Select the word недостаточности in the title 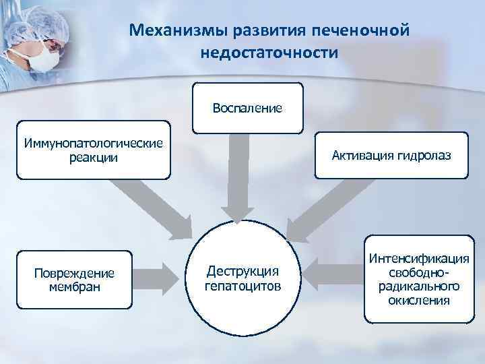[x=269, y=52]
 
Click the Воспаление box [x=247, y=108]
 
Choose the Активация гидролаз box [x=391, y=156]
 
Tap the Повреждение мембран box [x=74, y=279]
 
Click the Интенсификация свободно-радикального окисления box [x=418, y=279]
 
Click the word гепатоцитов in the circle [x=242, y=286]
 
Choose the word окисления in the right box [x=419, y=299]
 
